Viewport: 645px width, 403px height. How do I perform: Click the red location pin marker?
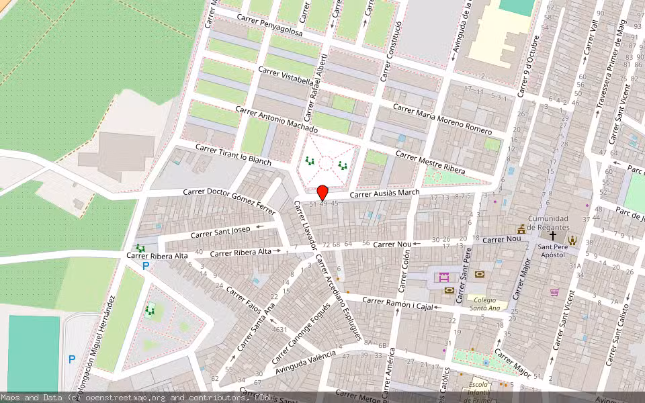pos(322,192)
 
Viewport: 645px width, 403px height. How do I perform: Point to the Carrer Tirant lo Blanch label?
pos(233,154)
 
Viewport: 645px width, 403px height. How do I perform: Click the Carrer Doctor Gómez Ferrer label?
pos(231,201)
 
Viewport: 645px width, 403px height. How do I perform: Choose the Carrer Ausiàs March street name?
pos(384,193)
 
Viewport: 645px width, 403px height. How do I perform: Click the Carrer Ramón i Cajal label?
pos(396,304)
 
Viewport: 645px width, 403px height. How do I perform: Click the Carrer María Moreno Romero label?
pos(442,119)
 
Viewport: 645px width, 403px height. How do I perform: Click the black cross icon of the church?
pos(553,236)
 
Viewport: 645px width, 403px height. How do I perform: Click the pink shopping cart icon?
pos(554,292)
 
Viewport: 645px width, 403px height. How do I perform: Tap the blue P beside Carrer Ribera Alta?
pos(145,267)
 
